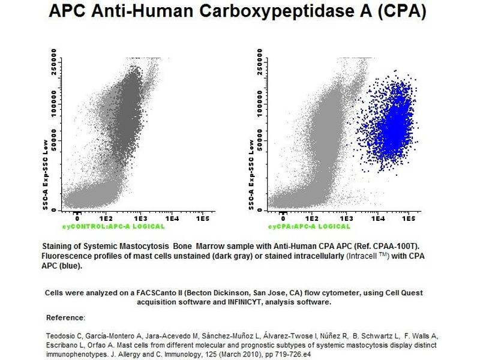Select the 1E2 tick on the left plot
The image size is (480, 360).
106,220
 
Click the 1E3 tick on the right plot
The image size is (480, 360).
344,220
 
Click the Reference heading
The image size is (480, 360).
65,317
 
